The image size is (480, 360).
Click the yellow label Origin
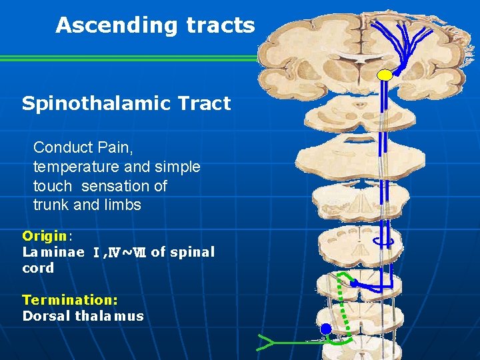(x=45, y=235)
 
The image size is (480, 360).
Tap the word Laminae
(x=53, y=252)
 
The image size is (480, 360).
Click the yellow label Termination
(x=69, y=300)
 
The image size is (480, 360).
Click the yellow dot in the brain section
(x=385, y=75)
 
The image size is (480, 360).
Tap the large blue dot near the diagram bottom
(x=325, y=329)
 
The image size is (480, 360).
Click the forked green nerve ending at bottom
(x=265, y=343)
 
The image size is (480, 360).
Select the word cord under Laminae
(x=38, y=268)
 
